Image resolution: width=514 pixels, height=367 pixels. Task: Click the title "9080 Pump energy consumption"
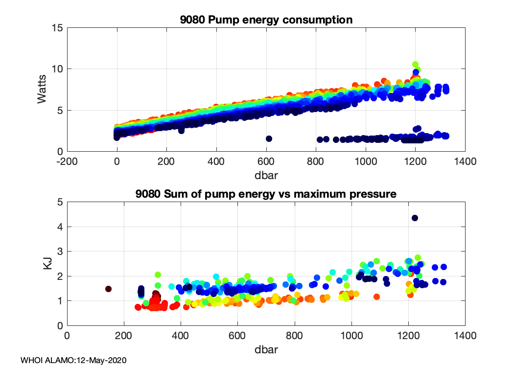[266, 20]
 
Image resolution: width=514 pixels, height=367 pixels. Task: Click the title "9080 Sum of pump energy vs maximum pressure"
[266, 194]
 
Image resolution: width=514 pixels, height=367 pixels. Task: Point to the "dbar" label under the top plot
[266, 174]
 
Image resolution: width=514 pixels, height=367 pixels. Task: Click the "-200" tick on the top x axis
[67, 161]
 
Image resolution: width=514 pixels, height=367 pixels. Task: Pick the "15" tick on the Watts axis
[57, 28]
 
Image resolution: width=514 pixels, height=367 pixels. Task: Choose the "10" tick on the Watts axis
[57, 69]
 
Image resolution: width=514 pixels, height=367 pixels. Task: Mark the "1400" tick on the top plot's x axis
[465, 161]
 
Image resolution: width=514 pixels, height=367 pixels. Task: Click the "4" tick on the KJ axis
[59, 227]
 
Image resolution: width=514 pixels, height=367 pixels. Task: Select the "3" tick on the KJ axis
[59, 252]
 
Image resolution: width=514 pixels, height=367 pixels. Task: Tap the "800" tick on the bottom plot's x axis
[295, 336]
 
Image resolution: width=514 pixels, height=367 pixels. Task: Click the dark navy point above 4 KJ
[415, 218]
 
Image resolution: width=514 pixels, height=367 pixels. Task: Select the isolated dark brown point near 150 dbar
[108, 289]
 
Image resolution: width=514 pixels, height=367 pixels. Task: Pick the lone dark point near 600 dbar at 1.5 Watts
[268, 138]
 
